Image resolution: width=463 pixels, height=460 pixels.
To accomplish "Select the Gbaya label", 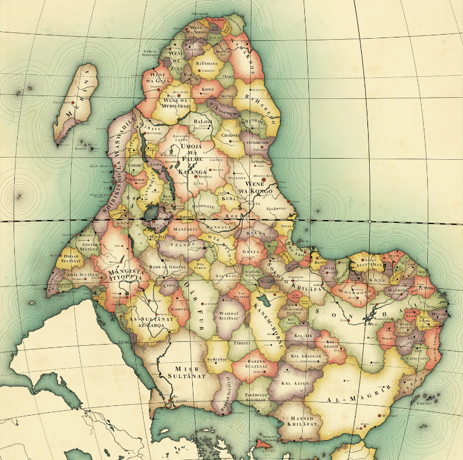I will (x=251, y=251).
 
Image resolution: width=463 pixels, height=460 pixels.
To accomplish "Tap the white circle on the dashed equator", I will (x=370, y=221).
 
